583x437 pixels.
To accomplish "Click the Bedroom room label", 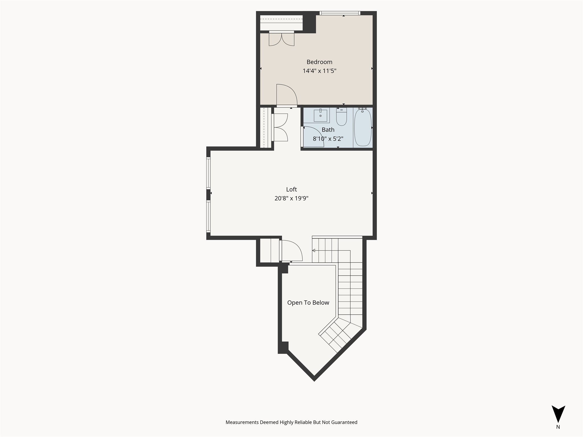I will pyautogui.click(x=319, y=62).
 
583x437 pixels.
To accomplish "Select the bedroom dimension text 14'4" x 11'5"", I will pyautogui.click(x=319, y=71).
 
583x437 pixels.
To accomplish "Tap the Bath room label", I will pyautogui.click(x=328, y=130).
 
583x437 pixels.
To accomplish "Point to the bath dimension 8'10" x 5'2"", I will pyautogui.click(x=328, y=139).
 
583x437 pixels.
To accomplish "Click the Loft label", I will pyautogui.click(x=291, y=189).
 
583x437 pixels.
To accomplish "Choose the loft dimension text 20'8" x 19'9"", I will pyautogui.click(x=291, y=198).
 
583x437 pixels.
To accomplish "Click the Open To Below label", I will pyautogui.click(x=308, y=303).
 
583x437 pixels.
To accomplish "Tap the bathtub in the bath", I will pyautogui.click(x=363, y=127).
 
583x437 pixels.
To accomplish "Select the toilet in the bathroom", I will pyautogui.click(x=341, y=117).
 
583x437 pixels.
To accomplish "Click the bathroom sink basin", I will pyautogui.click(x=320, y=116).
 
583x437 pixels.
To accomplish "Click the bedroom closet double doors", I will pyautogui.click(x=282, y=39).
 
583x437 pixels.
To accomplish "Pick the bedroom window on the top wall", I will pyautogui.click(x=340, y=13).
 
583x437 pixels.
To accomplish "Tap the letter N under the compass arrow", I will pyautogui.click(x=558, y=427).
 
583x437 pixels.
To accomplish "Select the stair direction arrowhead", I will pyautogui.click(x=314, y=251).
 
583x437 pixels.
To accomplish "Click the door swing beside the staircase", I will pyautogui.click(x=291, y=251).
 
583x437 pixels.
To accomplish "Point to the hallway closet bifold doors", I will pyautogui.click(x=280, y=127).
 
